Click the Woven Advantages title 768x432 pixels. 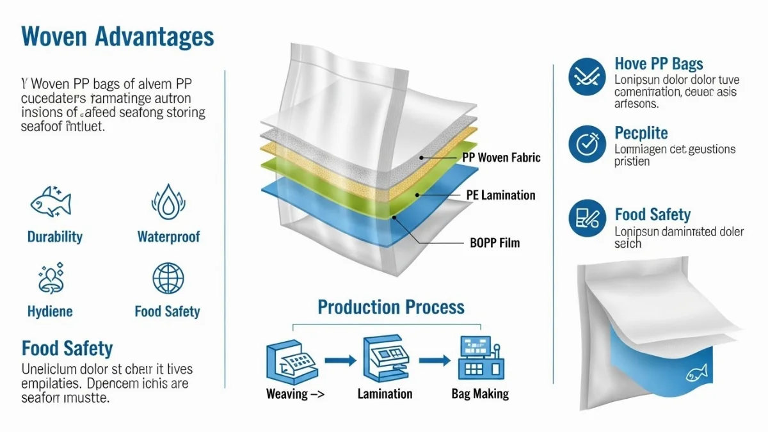pos(118,37)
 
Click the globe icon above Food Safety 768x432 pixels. pos(168,278)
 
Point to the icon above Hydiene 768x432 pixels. pos(50,278)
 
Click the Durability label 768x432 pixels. pos(55,237)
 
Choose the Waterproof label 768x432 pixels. pos(168,237)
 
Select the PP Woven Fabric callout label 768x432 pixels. pos(500,157)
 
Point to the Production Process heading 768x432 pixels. pos(391,307)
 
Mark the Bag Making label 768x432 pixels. pos(480,394)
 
